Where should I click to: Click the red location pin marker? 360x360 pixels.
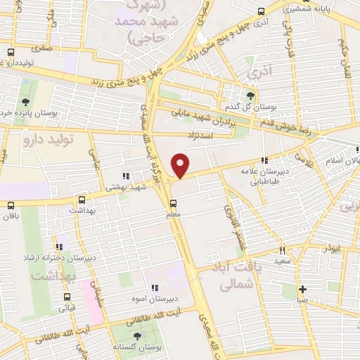point(181,166)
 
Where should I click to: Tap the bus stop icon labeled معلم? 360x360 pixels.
point(174,202)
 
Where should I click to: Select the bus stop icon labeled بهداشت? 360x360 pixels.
point(82,200)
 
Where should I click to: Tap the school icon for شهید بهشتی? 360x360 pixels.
point(126,176)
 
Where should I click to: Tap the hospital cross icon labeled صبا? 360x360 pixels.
point(302,289)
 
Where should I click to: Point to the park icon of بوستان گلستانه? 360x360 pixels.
point(137,337)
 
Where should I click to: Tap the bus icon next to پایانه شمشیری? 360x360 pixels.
point(262,11)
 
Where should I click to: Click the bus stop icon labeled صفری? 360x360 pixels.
point(11,52)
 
